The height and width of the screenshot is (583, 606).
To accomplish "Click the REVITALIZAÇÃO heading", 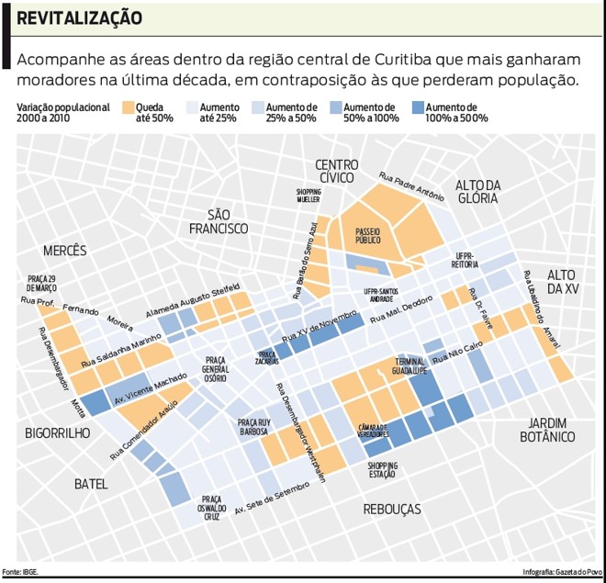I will click(79, 17).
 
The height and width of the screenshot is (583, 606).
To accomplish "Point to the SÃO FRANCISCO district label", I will click(218, 220).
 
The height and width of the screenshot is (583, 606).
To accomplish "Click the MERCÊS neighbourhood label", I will click(64, 250).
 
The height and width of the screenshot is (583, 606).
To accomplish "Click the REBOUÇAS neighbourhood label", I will click(392, 509).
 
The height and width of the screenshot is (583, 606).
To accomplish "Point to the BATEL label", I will click(92, 484).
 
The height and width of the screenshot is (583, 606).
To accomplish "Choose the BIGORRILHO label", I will click(57, 432).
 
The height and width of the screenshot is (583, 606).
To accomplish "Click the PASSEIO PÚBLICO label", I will click(367, 236).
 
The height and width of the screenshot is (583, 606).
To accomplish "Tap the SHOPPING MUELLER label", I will click(309, 196).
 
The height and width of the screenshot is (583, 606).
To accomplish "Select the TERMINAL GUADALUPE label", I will click(410, 366).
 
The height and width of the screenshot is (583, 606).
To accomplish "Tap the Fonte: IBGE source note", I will click(20, 571).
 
